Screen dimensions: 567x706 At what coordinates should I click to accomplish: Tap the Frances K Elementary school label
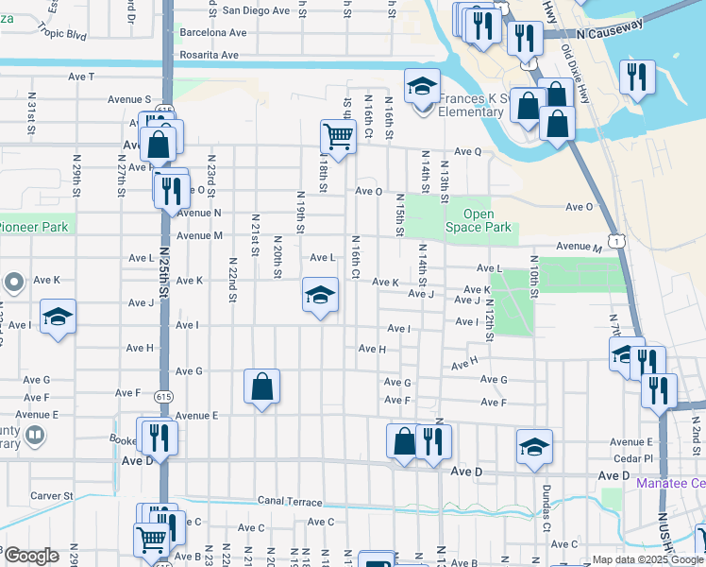469,105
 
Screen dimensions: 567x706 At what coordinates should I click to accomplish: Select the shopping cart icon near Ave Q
338,138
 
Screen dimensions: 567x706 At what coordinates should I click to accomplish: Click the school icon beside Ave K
321,296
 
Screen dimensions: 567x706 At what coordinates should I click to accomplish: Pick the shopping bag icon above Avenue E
262,387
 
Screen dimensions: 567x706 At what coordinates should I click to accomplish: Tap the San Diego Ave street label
256,10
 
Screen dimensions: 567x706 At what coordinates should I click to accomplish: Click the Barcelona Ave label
212,32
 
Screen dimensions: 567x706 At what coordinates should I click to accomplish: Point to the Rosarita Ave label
209,55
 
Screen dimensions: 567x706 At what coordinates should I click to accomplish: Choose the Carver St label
51,495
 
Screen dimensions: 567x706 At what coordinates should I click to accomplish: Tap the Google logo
30,556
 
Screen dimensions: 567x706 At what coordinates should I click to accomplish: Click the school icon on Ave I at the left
58,317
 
